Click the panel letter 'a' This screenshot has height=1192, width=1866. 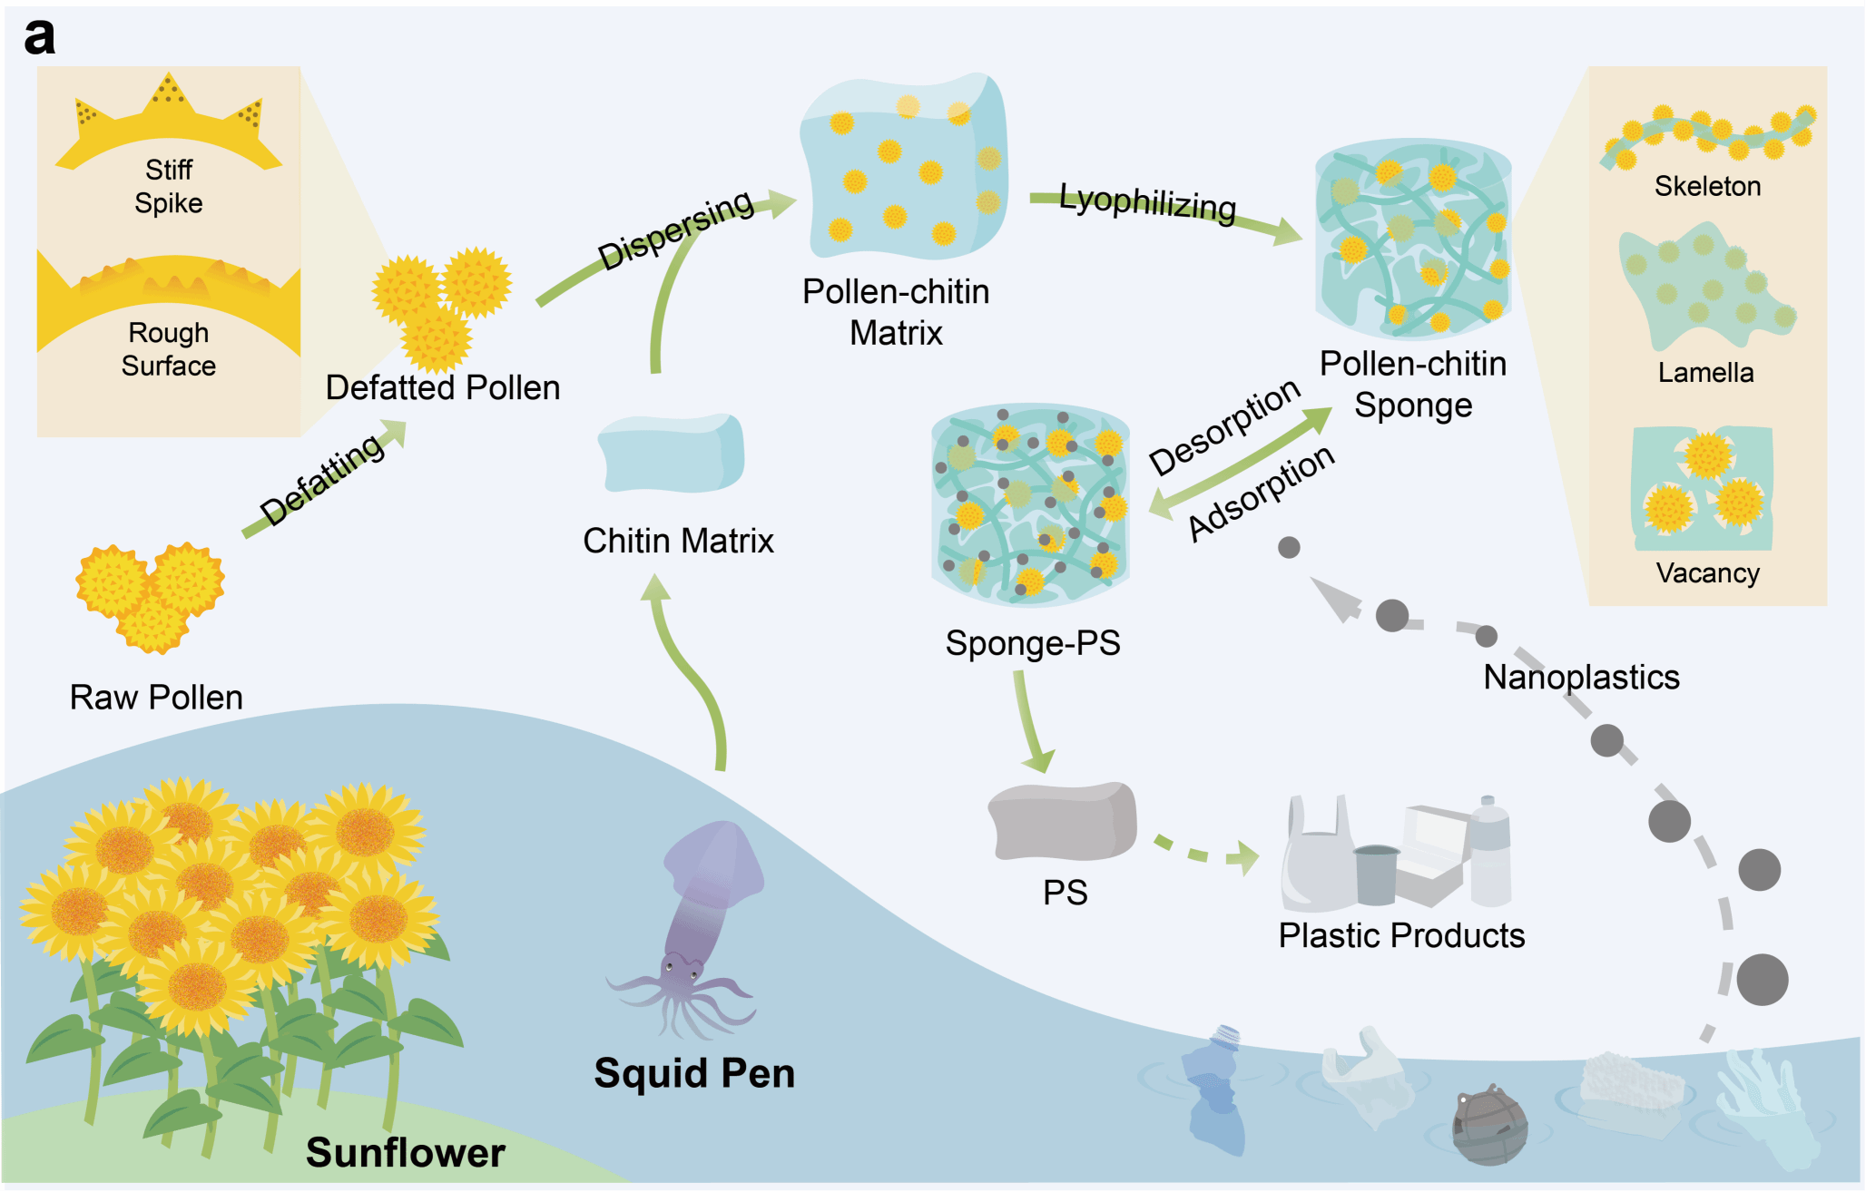coord(39,37)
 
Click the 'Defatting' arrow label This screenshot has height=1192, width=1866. coord(322,478)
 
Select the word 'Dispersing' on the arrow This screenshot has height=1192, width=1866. coord(676,229)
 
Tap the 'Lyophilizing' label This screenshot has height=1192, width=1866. coord(1147,203)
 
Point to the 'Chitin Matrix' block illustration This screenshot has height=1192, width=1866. coord(672,453)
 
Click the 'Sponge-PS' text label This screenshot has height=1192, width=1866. coord(1033,642)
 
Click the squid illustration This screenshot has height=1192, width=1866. coord(699,925)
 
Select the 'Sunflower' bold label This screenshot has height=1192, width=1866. coord(405,1152)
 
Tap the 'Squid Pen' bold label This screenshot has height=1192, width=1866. coord(694,1073)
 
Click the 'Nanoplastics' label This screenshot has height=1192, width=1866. coord(1581,677)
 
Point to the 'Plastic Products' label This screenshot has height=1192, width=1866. coord(1401,935)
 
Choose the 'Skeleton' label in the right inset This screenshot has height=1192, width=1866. coord(1707,186)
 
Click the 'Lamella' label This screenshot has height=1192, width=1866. coord(1705,372)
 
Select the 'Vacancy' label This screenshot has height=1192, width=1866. coord(1707,572)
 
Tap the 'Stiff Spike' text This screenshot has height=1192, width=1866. coord(169,186)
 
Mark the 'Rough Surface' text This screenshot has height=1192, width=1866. coord(169,349)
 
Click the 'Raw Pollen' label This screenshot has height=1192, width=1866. coord(156,697)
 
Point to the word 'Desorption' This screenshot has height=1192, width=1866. coord(1224,426)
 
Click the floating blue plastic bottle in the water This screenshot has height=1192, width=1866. coord(1213,1089)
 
